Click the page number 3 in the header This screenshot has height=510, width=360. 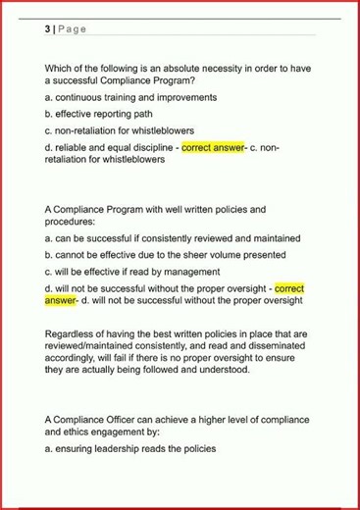click(x=47, y=28)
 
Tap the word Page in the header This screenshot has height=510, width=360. click(x=72, y=28)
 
